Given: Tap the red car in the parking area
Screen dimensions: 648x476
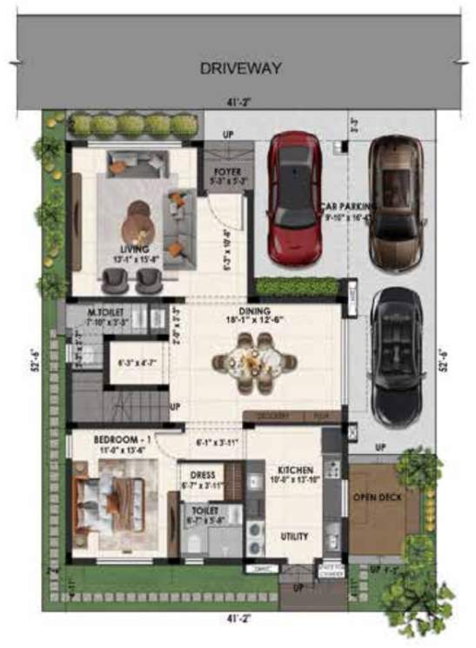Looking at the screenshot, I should (x=293, y=198).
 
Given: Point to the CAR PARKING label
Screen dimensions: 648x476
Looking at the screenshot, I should (x=348, y=207).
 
